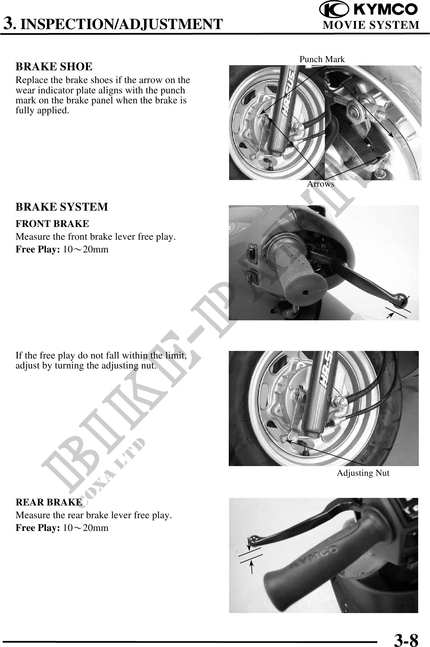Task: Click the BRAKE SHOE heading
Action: coord(54,67)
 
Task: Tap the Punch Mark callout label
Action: coord(322,59)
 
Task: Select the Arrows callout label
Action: coord(321,184)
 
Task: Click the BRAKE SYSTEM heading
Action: coord(62,207)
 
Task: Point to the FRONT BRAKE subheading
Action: coord(52,224)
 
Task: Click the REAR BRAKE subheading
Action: coord(49,502)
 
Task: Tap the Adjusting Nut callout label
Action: coord(363,473)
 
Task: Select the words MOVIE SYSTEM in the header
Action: coord(371,25)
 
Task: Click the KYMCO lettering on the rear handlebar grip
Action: coord(312,559)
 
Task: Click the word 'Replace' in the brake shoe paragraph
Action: coord(31,80)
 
